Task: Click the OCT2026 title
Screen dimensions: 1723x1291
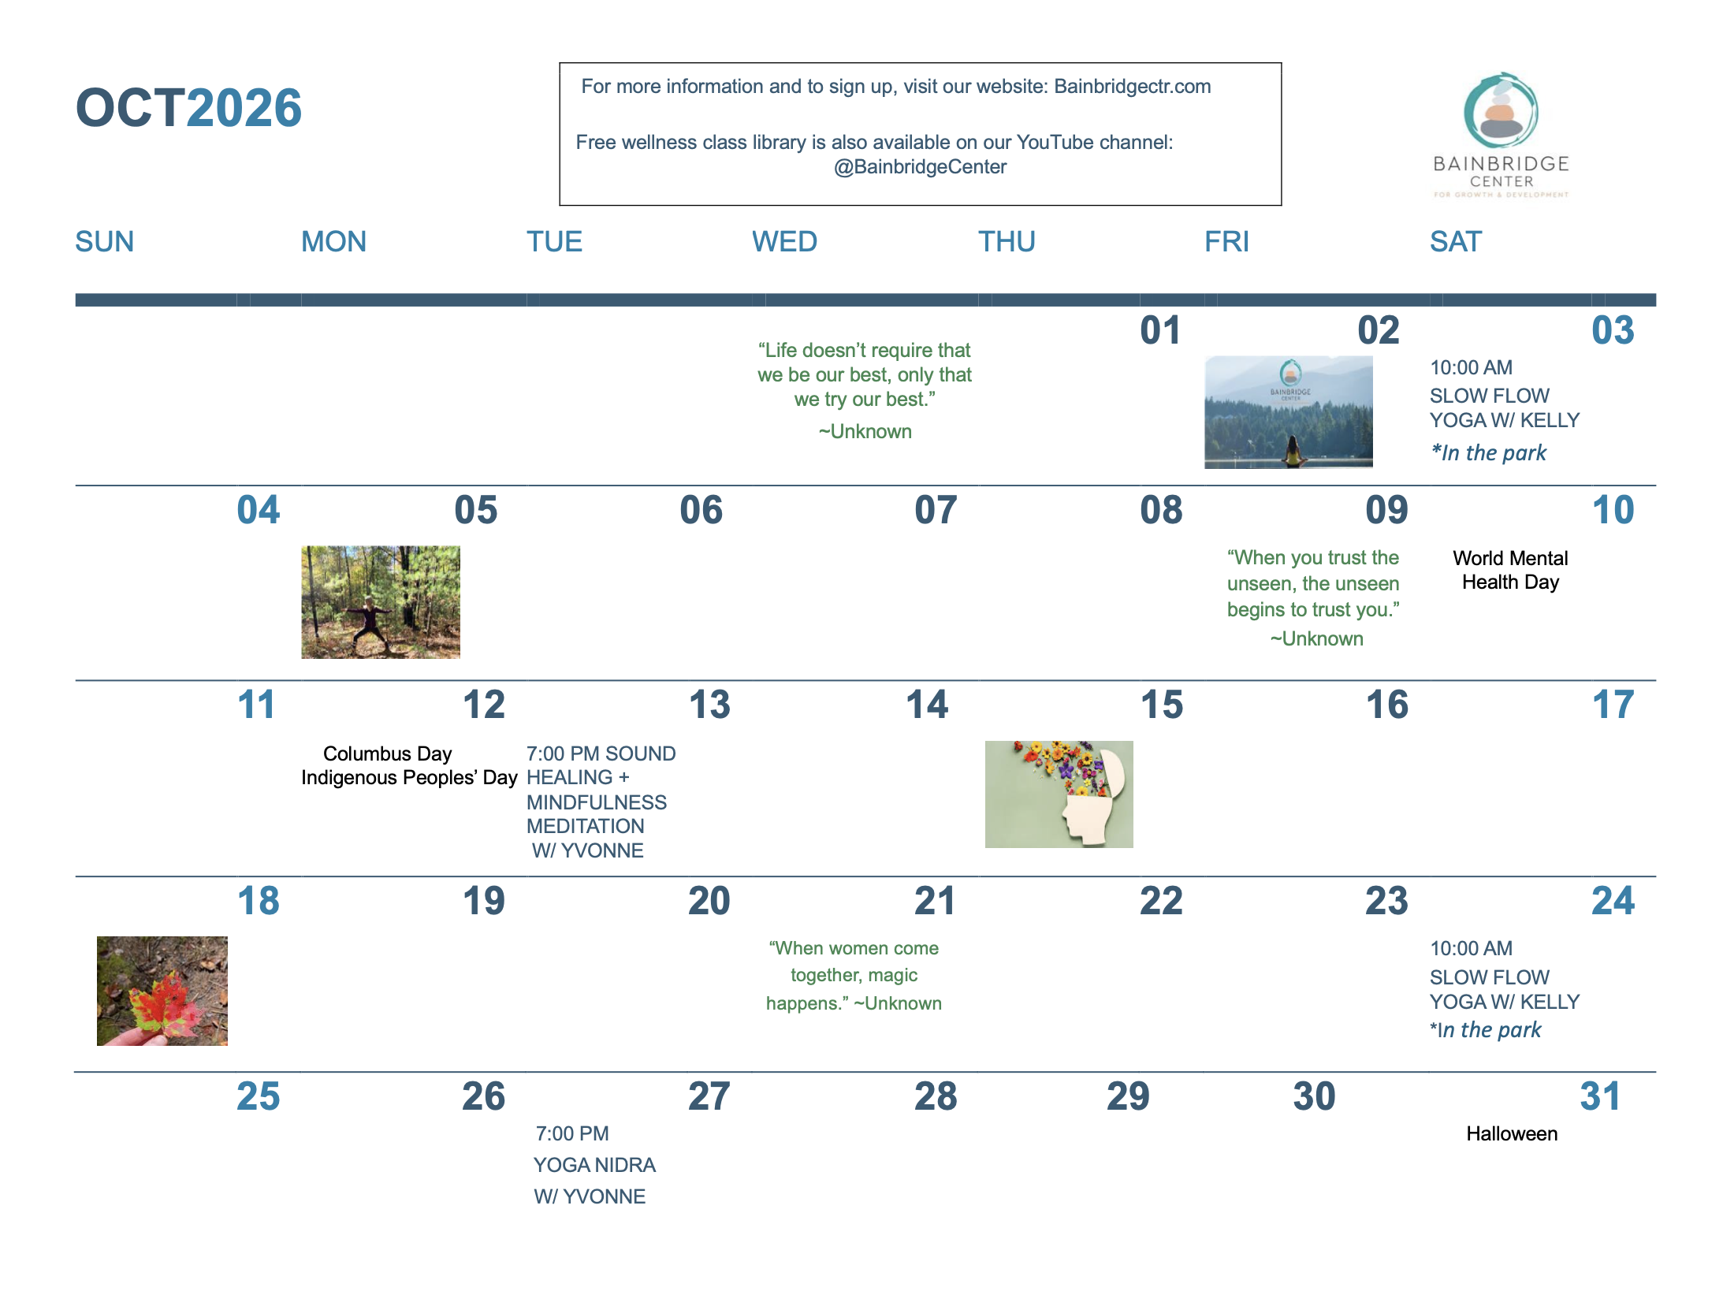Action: (188, 107)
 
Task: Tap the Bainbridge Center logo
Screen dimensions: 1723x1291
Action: (1501, 135)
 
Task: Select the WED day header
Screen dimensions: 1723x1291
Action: (784, 241)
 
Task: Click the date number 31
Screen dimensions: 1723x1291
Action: (1600, 1096)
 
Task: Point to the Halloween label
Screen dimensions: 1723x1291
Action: (1512, 1133)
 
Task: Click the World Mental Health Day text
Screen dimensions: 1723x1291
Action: (1510, 570)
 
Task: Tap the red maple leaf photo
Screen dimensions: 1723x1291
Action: (162, 991)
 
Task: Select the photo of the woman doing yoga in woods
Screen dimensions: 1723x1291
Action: (381, 602)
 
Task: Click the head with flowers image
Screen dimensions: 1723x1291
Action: (1059, 794)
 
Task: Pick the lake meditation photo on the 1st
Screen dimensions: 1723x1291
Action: (1289, 412)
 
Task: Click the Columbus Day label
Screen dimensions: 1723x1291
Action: (388, 753)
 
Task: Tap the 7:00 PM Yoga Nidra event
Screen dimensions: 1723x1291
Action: (594, 1165)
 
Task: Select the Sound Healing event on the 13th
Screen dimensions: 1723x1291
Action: (601, 802)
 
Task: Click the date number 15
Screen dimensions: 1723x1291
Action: (1162, 705)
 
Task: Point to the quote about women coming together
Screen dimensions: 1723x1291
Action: (854, 976)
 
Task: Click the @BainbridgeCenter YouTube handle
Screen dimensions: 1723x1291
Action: (920, 167)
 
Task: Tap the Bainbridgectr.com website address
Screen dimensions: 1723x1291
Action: (1133, 87)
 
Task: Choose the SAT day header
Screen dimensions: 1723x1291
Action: (1456, 241)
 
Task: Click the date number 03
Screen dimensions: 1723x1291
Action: (1613, 330)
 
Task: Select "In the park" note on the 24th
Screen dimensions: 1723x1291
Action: (1486, 1030)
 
